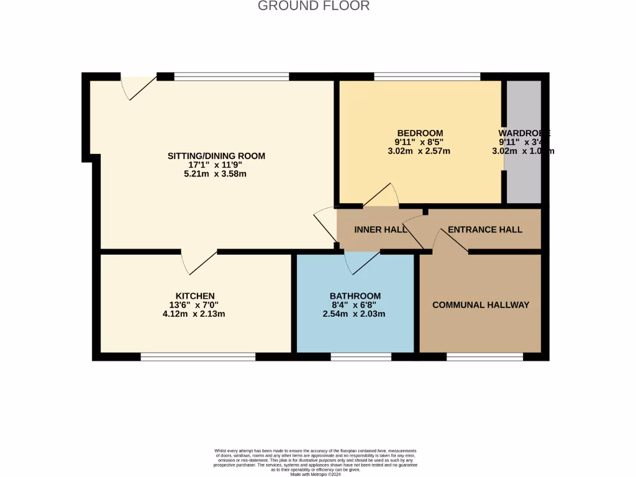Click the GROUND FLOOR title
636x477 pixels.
[x=314, y=6]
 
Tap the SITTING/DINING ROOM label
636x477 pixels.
[x=216, y=156]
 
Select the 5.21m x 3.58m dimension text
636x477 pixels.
[x=211, y=174]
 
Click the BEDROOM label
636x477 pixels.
[x=420, y=133]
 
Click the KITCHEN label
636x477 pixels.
[x=195, y=296]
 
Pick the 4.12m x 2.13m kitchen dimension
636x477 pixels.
[x=194, y=314]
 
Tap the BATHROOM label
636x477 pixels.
[x=355, y=296]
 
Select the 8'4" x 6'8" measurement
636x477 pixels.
[x=354, y=305]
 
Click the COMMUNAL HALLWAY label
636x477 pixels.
[x=481, y=305]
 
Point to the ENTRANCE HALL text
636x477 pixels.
[x=485, y=229]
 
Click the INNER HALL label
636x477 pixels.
[x=380, y=229]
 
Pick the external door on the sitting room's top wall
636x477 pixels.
[x=138, y=87]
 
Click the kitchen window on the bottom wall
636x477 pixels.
[x=198, y=357]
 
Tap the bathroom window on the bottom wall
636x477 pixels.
[x=360, y=357]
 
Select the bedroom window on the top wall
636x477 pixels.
[x=427, y=76]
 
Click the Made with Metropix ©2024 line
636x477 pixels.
[x=316, y=474]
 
